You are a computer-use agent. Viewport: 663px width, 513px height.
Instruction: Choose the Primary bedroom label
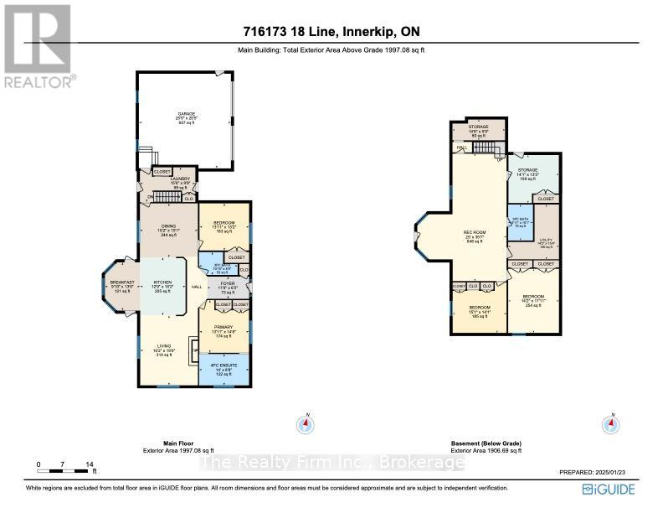click(x=223, y=330)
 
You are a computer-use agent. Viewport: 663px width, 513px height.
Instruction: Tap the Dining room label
click(x=167, y=231)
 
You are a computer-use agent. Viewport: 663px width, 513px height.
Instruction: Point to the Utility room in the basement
click(x=547, y=243)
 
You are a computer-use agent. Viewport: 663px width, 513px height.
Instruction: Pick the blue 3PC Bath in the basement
click(x=521, y=222)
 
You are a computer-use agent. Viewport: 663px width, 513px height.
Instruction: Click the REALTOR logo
click(x=38, y=46)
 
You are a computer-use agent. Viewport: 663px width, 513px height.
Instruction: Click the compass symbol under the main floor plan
click(x=306, y=424)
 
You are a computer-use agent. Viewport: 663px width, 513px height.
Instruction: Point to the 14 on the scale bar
click(x=88, y=464)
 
